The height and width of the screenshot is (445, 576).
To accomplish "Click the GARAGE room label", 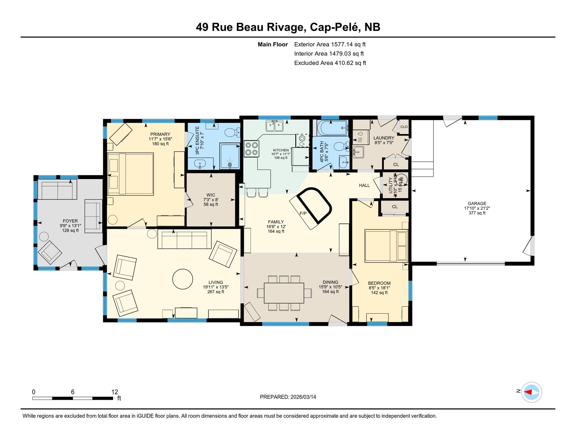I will [477, 204].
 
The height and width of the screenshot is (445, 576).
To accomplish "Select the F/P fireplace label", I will [303, 214].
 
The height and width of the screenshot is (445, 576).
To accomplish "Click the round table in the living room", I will [183, 279].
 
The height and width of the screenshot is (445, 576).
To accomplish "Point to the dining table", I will [284, 293].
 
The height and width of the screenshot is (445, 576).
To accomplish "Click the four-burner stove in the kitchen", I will [251, 149].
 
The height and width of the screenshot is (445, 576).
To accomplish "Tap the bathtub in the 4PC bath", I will [332, 128].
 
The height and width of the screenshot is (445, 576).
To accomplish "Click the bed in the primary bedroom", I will [130, 174].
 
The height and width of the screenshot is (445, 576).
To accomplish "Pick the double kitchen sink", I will [274, 126].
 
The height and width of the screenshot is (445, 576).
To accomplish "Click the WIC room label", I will [211, 195].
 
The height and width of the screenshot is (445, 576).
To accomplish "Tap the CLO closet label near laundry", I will [404, 127].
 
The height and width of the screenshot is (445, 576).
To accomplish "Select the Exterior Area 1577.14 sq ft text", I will [330, 44].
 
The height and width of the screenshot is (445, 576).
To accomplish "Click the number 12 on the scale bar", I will [114, 392].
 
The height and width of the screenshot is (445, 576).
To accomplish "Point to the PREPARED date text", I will [288, 397].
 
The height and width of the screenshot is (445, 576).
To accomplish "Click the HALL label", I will [364, 185].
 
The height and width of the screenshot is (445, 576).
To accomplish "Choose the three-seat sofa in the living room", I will [184, 239].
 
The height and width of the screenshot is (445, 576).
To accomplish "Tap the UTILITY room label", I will [390, 185].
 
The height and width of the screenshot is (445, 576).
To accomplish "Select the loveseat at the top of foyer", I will [57, 190].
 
